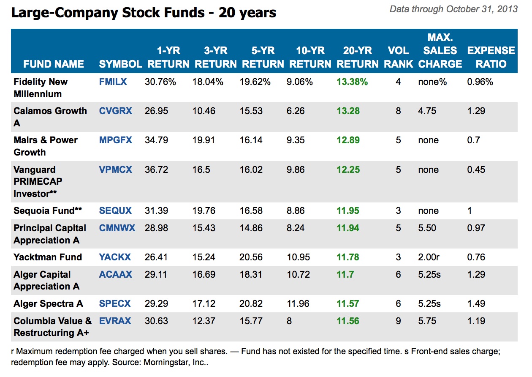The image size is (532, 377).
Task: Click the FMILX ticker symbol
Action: (113, 82)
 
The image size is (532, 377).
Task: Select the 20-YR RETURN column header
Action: (357, 57)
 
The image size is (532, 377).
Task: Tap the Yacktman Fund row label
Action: (48, 257)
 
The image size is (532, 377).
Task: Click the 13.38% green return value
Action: (352, 82)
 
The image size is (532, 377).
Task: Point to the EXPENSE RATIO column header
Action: (491, 57)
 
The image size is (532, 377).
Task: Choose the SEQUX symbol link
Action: (115, 210)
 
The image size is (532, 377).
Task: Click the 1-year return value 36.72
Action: (156, 169)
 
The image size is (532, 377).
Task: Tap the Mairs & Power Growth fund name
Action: (45, 146)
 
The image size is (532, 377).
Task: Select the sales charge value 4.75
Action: (427, 111)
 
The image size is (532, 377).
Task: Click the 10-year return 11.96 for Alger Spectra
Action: (298, 303)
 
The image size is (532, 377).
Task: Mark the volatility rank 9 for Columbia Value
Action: (398, 321)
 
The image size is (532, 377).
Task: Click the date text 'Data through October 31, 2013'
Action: (453, 9)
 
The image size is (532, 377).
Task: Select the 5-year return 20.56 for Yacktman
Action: (251, 257)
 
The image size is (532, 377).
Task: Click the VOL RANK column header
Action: (398, 57)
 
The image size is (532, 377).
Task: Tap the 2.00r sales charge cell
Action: (429, 257)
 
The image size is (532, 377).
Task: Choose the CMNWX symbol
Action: (117, 228)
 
